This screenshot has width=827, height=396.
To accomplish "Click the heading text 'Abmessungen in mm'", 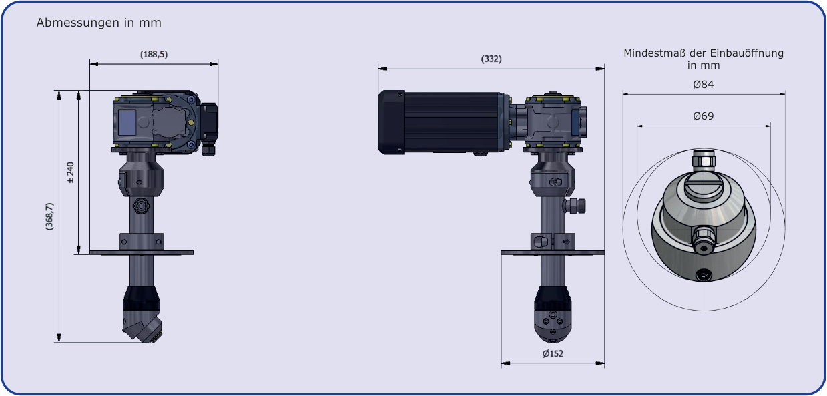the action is pos(99,23).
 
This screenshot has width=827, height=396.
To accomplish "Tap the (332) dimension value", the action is pos(491,59).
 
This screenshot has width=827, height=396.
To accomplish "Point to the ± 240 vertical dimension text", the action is pos(70,172).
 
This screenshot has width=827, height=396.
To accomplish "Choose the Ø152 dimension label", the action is pos(553,353).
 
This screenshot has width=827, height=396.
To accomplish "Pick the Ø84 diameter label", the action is pos(704,85).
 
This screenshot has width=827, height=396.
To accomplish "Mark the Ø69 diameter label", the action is pos(704,116).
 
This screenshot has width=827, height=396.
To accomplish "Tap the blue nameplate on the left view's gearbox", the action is pos(127,122).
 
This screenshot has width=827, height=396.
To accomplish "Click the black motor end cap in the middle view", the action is pos(391,122).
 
